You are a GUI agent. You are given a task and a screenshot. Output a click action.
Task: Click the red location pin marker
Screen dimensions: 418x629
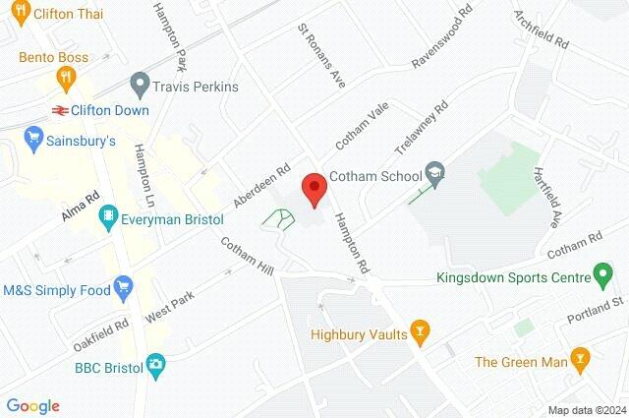314,188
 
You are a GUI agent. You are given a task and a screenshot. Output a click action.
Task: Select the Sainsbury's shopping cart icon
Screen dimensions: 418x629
34,140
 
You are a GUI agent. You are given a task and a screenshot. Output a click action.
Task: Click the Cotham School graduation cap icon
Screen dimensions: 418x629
434,176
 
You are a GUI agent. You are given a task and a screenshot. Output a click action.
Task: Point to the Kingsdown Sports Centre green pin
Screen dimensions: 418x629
603,275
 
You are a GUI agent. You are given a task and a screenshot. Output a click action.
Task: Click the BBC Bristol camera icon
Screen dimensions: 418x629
155,365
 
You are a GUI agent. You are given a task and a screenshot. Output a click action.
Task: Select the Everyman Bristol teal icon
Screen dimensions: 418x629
111,220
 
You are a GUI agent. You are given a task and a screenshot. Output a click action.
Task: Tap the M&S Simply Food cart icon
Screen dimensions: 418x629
124,289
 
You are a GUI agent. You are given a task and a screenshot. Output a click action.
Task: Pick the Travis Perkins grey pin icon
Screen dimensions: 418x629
140,86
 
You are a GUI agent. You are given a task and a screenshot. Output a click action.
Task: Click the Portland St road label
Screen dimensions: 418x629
597,315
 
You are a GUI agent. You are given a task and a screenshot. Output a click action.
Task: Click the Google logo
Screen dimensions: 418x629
33,405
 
